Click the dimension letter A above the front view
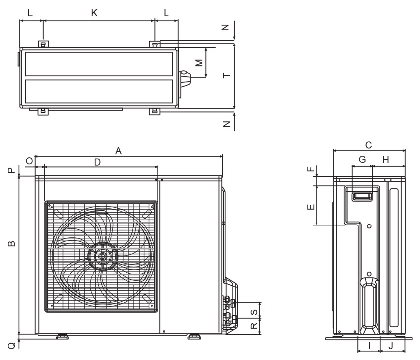(x=118, y=151)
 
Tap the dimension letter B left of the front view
(x=11, y=244)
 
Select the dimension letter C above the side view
(x=368, y=145)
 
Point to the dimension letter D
(x=97, y=162)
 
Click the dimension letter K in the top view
(x=94, y=13)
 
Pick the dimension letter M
(x=199, y=63)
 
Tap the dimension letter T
(x=227, y=75)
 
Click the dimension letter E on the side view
(x=311, y=207)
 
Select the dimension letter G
(x=362, y=160)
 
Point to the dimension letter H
(x=386, y=160)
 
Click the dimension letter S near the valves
(x=254, y=312)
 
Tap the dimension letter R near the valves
(x=254, y=326)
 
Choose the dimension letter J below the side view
(x=391, y=346)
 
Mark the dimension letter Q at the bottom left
(x=12, y=346)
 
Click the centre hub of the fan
(x=102, y=256)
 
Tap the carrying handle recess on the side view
(x=362, y=197)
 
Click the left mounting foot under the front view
(x=62, y=336)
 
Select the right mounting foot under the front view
(x=194, y=336)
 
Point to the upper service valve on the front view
(x=229, y=302)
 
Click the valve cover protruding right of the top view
(x=185, y=79)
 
